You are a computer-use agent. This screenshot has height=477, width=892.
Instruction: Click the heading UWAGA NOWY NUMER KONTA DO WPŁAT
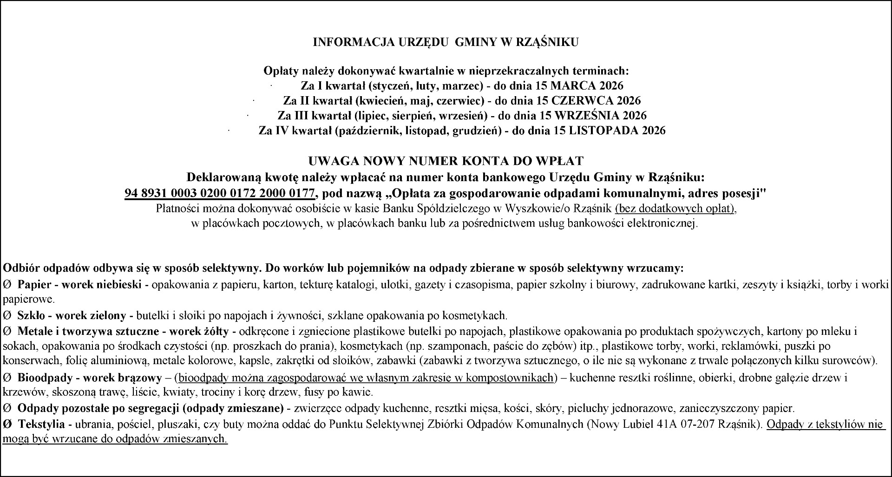[x=446, y=161]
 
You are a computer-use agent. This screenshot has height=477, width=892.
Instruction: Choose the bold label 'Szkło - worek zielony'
[x=72, y=316]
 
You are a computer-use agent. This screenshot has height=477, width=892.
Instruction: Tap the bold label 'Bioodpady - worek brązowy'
[x=90, y=378]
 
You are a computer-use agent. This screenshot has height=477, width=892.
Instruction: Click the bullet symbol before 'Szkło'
[x=7, y=316]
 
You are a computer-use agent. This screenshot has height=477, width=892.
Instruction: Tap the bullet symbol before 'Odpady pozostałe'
[x=7, y=409]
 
